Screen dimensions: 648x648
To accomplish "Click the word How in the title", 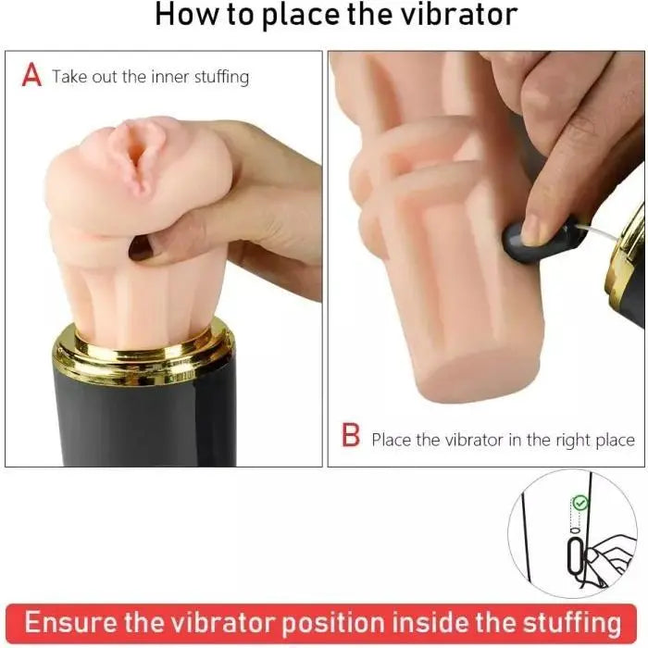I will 183,15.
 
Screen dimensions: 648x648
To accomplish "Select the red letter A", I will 31,76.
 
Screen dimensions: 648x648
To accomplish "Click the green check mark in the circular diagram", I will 579,503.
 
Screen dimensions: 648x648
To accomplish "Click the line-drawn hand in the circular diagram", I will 606,555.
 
